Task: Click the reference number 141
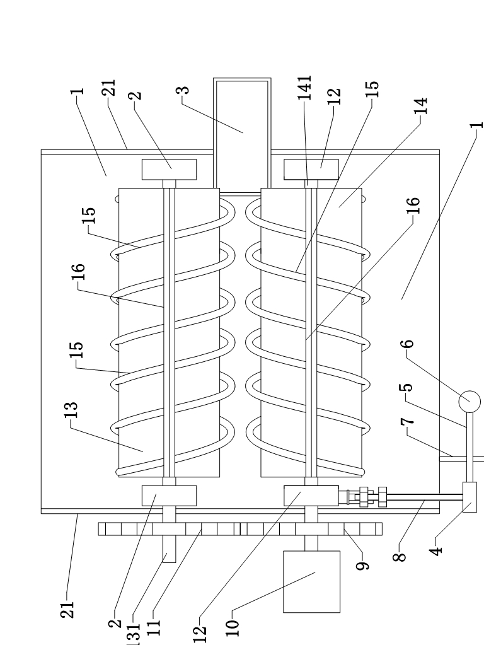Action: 305,88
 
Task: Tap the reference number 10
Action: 232,628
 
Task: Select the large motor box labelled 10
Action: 311,581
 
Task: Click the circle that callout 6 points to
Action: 470,401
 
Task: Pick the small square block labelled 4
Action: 470,497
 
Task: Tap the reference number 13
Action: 71,410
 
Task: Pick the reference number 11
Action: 154,628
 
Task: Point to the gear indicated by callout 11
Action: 169,529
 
